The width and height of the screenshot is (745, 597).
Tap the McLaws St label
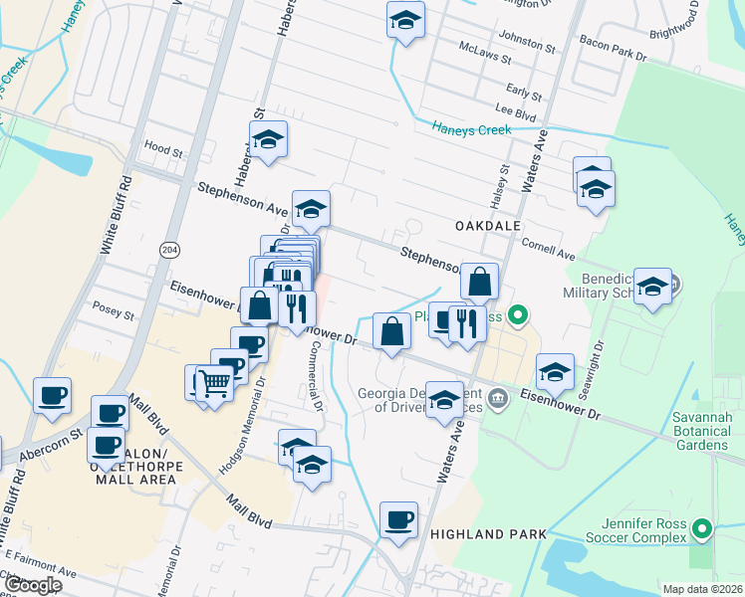pos(484,48)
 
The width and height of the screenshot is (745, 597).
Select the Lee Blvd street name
pos(516,114)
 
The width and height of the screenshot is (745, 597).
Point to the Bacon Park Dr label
pos(612,42)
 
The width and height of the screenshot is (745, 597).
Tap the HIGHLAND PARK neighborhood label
pos(488,534)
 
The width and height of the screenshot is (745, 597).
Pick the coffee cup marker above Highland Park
pos(399,519)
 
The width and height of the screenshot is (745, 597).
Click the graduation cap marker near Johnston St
pos(405,19)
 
